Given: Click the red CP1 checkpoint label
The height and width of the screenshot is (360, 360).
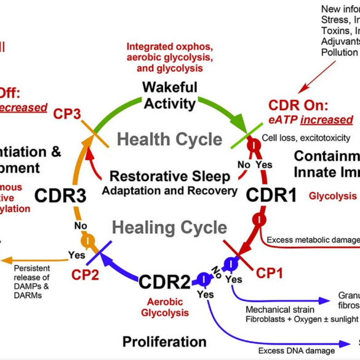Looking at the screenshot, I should pyautogui.click(x=268, y=271).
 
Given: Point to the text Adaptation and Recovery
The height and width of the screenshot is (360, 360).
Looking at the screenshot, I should pyautogui.click(x=170, y=190).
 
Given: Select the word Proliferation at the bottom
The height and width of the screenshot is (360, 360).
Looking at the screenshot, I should pyautogui.click(x=164, y=341).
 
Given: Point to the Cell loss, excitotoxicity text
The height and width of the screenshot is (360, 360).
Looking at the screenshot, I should pyautogui.click(x=306, y=138).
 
